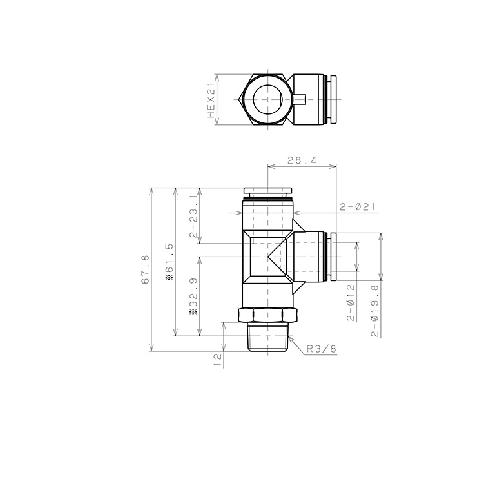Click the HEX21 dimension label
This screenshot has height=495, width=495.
pos(210,99)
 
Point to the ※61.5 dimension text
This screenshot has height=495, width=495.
pos(170,261)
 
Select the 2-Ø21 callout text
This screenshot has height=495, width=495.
pos(358,207)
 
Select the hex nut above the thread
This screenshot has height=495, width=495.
pos(267,315)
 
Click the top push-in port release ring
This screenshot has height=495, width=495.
pos(267,191)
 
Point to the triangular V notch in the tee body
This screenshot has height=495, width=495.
pos(277,256)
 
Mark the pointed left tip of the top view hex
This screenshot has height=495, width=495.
pos(240,99)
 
